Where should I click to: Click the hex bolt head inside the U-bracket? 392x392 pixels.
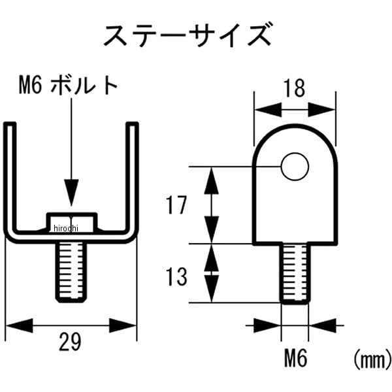(71, 221)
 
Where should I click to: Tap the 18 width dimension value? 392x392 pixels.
(295, 89)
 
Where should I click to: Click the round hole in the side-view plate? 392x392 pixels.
(295, 167)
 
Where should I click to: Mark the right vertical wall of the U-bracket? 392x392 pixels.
(134, 176)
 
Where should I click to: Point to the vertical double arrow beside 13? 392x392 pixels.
(211, 273)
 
